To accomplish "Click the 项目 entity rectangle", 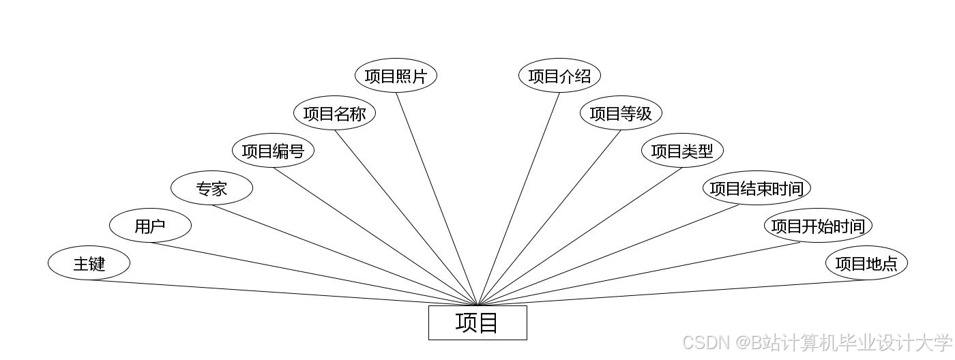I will pos(477,322).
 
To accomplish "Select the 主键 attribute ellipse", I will pos(89,263).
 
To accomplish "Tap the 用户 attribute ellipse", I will pos(150,226).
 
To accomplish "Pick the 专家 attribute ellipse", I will pos(211,188).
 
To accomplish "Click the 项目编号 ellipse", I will pos(273,151).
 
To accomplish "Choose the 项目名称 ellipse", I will pos(334,113).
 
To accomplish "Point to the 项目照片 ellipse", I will pos(396,76).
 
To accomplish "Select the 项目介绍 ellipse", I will pos(559,76).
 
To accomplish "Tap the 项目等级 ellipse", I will pos(621,113).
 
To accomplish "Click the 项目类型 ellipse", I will pos(682,151).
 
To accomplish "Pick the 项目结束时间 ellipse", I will pos(756,188).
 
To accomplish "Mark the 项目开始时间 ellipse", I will pos(817,226).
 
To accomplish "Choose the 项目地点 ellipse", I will pos(866,263).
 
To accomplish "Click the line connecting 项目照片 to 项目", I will pos(437,198).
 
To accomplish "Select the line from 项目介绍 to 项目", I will pos(518,199).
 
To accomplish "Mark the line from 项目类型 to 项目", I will pos(580,236).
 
